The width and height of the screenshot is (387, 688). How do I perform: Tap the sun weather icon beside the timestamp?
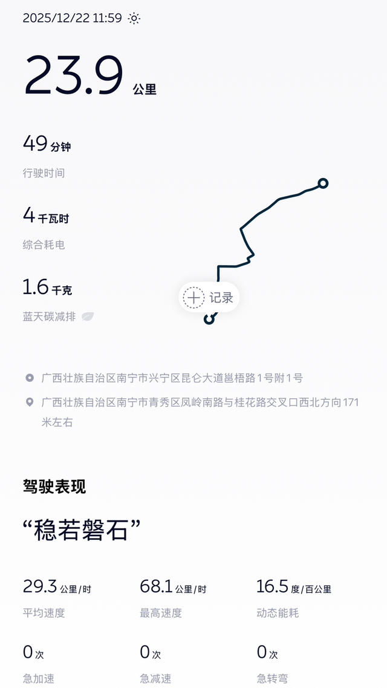coord(134,18)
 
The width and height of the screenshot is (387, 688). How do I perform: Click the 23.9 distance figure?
coord(74,76)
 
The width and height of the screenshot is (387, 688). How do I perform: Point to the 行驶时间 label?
coord(44,173)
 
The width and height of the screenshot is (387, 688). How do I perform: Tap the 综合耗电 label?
coord(44,244)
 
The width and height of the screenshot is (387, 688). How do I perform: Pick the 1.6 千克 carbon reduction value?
coord(47,287)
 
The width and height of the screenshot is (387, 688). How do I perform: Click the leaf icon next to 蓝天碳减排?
coord(88,316)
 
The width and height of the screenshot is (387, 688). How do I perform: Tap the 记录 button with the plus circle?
coord(209,298)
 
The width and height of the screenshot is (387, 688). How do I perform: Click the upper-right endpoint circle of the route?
coord(323,183)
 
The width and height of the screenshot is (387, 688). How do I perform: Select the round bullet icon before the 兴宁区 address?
coord(30,378)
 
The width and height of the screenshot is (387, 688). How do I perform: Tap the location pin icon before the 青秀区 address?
coord(30,402)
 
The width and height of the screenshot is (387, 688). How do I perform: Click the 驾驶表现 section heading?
coord(54,487)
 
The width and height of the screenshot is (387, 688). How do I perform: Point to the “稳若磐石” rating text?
coord(82,531)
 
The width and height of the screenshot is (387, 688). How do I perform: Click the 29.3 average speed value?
coord(57,586)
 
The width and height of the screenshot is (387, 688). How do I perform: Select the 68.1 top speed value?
coord(173,586)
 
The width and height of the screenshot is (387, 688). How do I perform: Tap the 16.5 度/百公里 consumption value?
coord(294,586)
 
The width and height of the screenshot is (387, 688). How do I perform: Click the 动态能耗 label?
coord(278,613)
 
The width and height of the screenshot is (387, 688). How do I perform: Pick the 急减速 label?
coord(156,679)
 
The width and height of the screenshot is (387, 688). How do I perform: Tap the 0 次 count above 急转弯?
coord(267,652)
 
